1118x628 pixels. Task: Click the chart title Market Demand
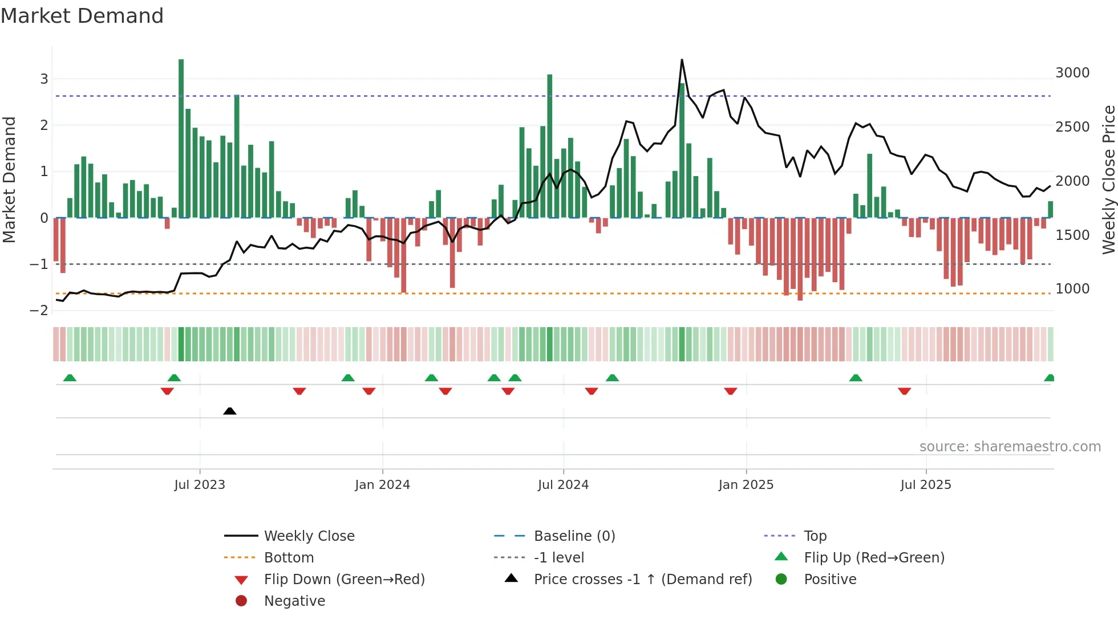82,16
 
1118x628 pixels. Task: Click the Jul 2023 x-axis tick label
200,485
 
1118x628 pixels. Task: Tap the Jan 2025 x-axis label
746,485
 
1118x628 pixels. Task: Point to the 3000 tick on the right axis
1072,73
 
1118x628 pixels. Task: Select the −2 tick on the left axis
39,311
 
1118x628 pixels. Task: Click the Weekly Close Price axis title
1108,180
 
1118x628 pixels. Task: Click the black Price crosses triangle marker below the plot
230,411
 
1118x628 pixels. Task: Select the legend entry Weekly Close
309,536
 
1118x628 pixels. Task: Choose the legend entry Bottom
289,558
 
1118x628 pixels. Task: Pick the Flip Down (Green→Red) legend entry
344,580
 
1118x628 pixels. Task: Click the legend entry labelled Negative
294,601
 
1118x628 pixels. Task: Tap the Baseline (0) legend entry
574,536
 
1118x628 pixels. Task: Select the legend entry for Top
815,536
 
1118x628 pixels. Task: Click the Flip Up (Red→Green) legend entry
874,558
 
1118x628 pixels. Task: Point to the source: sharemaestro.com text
1010,447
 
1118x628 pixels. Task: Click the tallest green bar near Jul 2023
181,137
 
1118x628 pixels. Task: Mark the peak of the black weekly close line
682,60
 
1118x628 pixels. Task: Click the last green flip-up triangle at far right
1049,378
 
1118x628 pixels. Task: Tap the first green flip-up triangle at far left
70,378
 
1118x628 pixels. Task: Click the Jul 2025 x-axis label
925,485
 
